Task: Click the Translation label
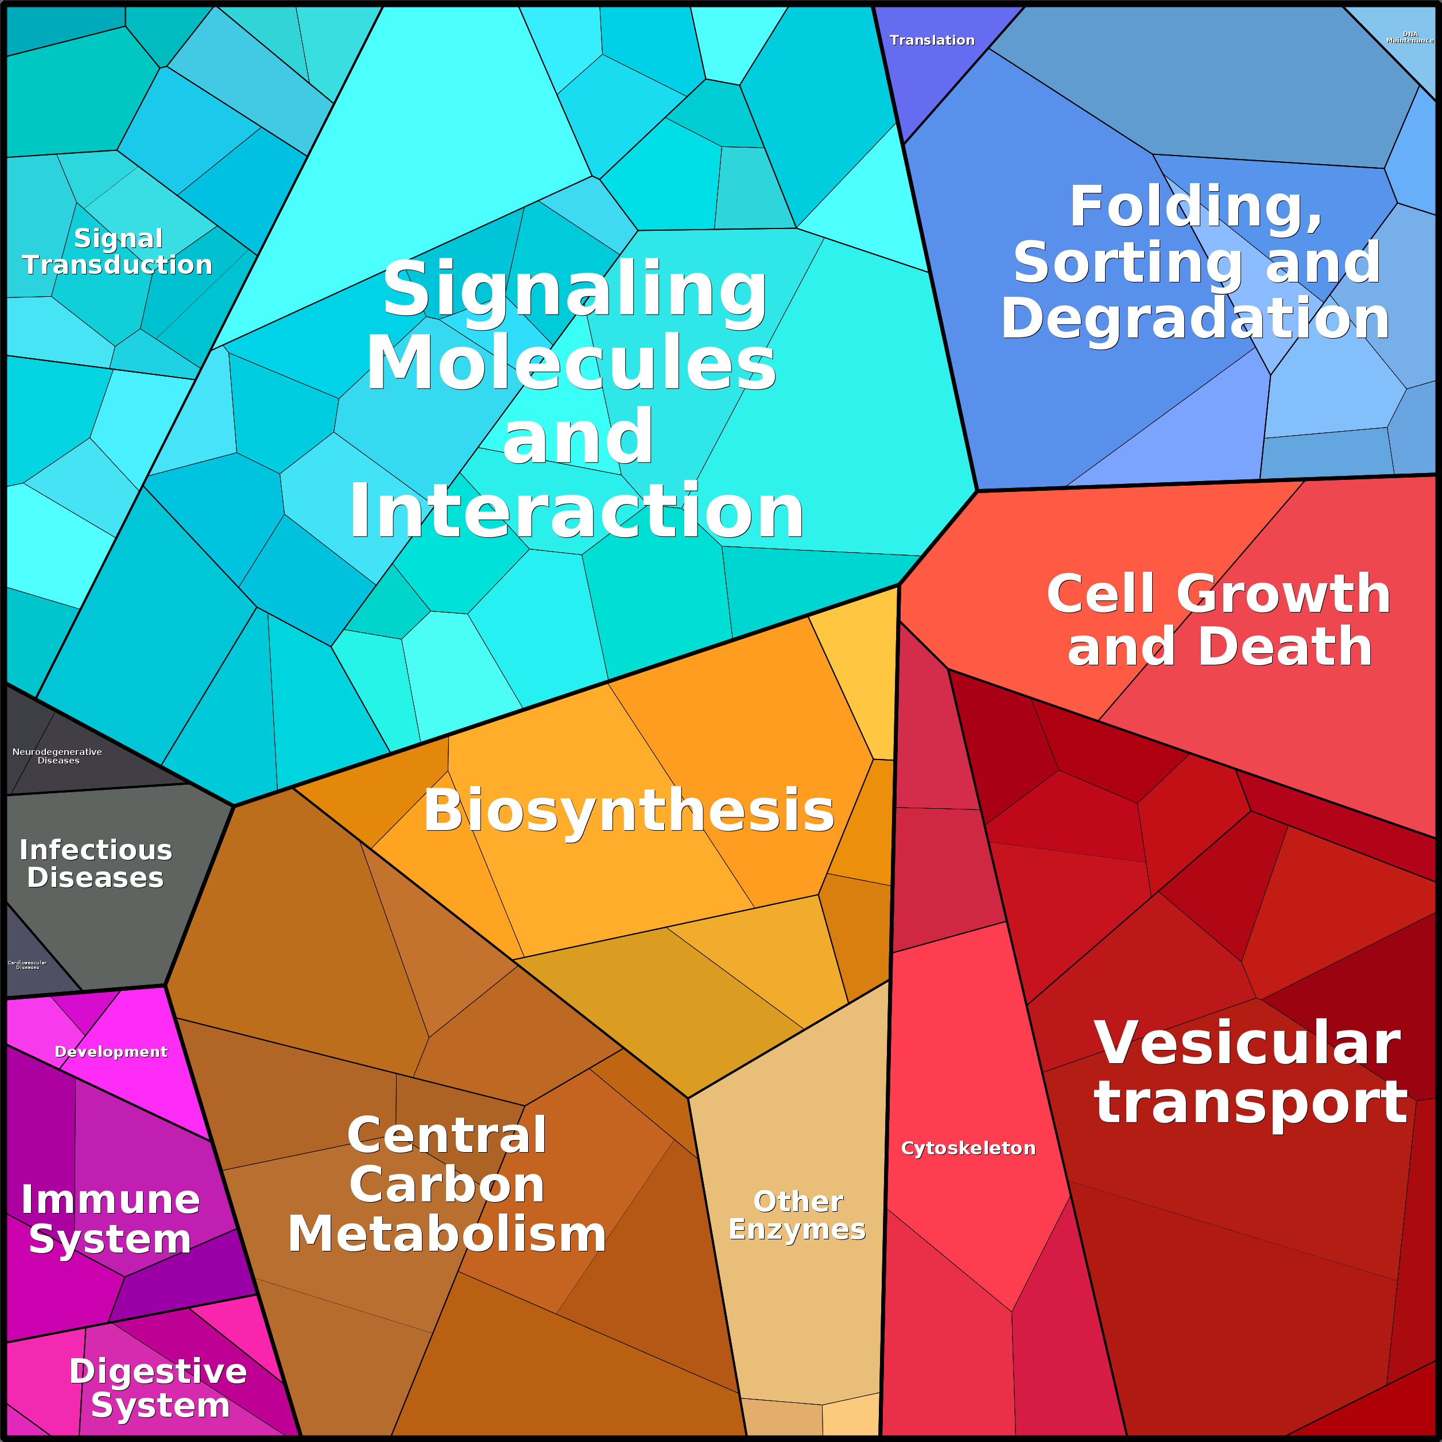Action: (932, 40)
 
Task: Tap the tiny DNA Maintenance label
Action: (1409, 37)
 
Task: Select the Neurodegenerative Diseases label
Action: (57, 756)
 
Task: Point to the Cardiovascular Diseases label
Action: (27, 965)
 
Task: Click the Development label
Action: (111, 1052)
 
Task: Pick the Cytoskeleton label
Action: (968, 1149)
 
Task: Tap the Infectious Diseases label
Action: (95, 863)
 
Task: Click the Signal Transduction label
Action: (117, 251)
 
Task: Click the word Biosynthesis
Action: (629, 811)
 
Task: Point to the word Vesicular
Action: (1246, 1044)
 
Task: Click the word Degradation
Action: (1194, 319)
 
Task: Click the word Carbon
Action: (447, 1185)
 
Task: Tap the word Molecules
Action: (571, 363)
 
